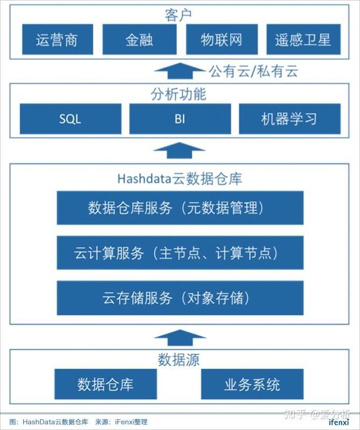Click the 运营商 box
[57, 39]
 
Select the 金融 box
[139, 39]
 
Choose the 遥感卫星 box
[303, 39]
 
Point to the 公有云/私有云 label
[253, 70]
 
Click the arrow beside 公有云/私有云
[180, 70]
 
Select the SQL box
[70, 119]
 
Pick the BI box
[180, 119]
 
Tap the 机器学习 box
[290, 119]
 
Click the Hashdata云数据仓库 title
[180, 178]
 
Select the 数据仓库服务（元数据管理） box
[180, 208]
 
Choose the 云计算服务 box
[180, 253]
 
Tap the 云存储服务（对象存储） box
[180, 297]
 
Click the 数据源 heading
[179, 359]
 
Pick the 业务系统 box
[252, 384]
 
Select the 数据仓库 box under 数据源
[105, 384]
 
